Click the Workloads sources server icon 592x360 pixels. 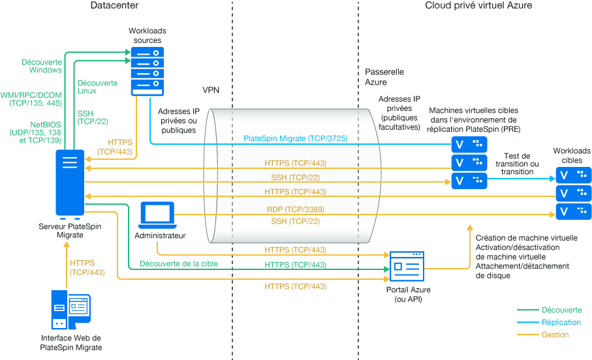click(x=147, y=71)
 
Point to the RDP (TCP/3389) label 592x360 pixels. click(x=295, y=210)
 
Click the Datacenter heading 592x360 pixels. click(x=114, y=6)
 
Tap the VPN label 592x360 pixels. click(x=211, y=89)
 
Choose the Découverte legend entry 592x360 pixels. click(x=556, y=310)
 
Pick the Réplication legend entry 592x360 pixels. click(x=561, y=322)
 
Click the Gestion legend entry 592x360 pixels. click(x=555, y=335)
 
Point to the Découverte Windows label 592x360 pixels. click(x=42, y=66)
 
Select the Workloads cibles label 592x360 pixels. click(x=572, y=155)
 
